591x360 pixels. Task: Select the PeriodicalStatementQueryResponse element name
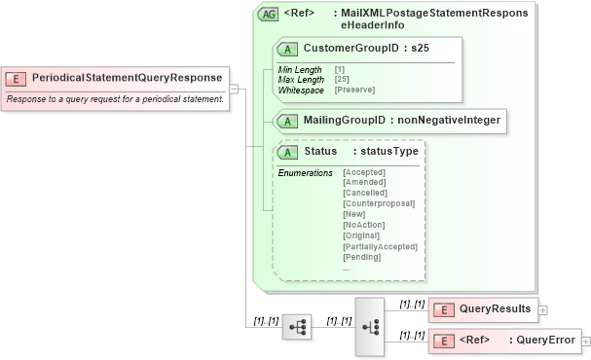coord(127,77)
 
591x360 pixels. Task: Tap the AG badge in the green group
coord(267,15)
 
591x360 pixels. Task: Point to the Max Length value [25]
coord(342,80)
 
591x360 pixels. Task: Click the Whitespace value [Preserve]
coord(354,90)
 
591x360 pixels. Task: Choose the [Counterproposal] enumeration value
coord(379,203)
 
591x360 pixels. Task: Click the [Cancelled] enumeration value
coord(365,193)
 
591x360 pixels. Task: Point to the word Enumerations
coord(305,173)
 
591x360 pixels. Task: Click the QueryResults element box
coord(483,309)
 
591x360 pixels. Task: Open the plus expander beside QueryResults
coord(543,309)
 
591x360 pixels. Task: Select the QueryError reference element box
coord(503,341)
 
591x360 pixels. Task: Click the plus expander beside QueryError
coord(586,341)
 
